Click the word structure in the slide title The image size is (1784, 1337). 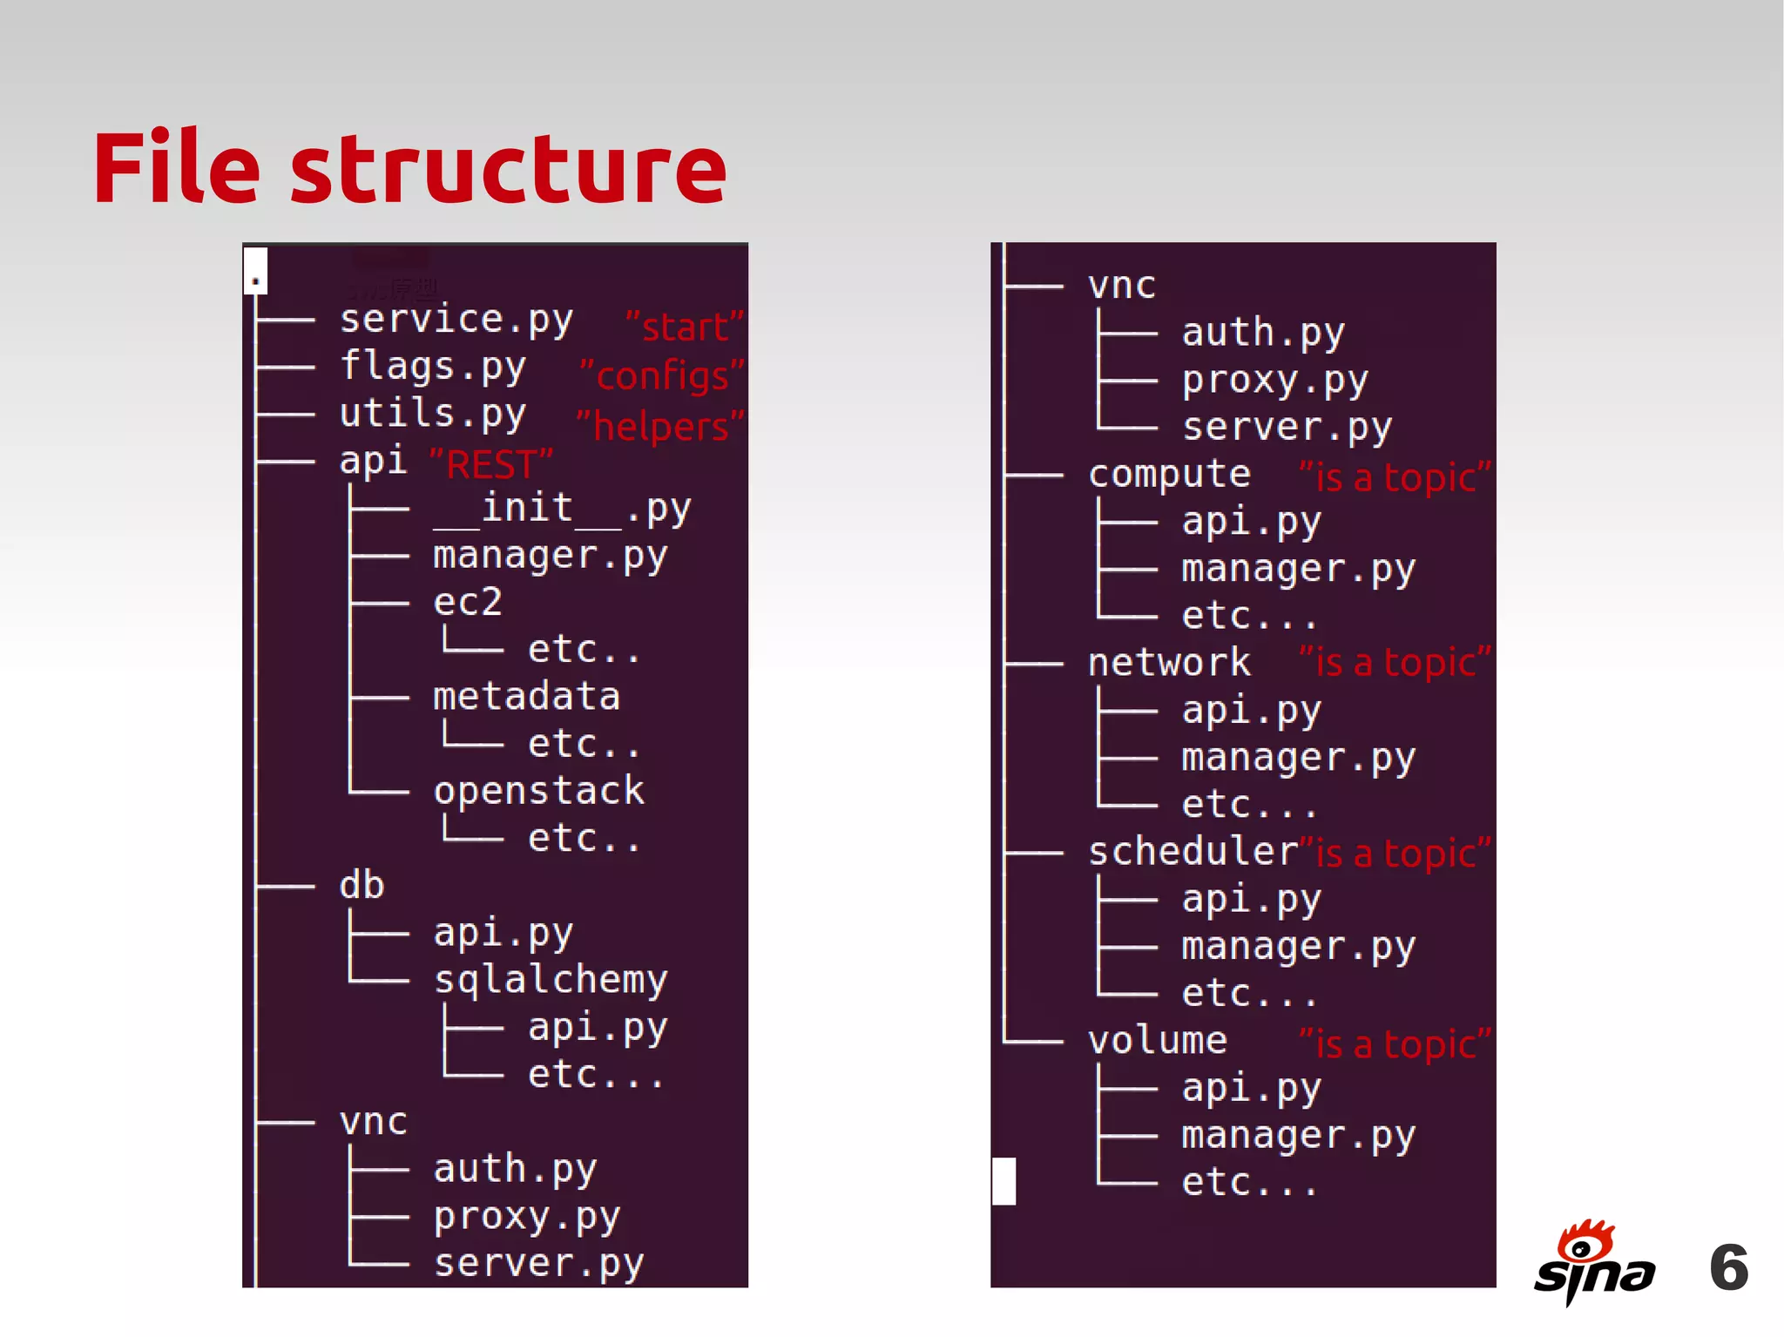click(508, 169)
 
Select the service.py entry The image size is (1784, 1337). click(456, 321)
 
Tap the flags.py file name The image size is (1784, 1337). click(433, 368)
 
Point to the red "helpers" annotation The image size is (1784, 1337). click(660, 427)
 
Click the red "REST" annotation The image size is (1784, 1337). click(491, 463)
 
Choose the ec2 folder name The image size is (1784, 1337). click(468, 603)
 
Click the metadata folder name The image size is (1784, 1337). click(526, 697)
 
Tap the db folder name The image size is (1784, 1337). click(362, 886)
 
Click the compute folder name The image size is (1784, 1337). click(1169, 476)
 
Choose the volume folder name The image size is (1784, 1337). click(1158, 1041)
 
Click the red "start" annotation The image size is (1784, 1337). click(685, 327)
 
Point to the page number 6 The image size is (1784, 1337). click(1728, 1267)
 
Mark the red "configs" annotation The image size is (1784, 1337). click(662, 376)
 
